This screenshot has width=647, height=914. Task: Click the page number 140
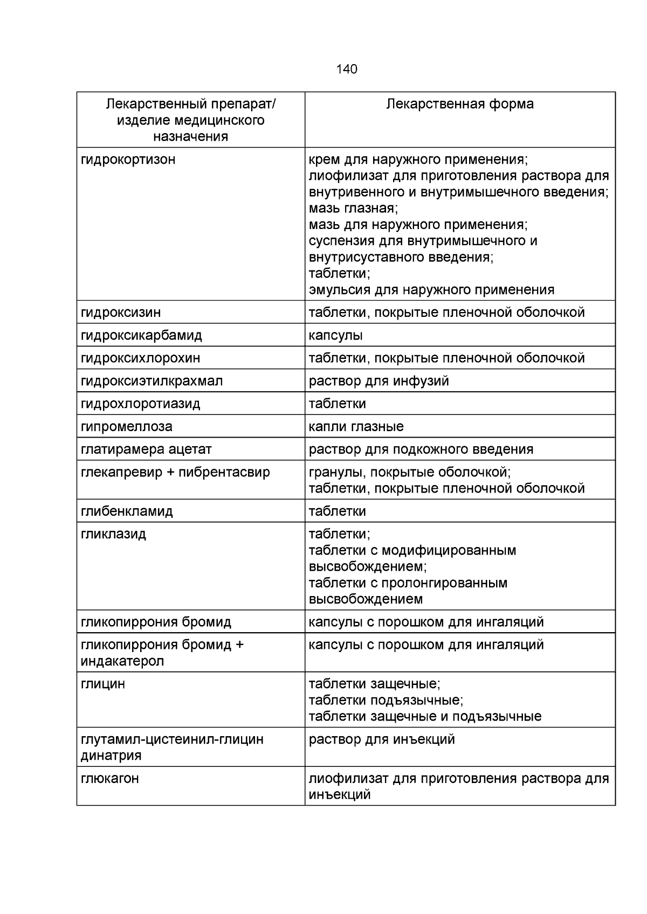[346, 69]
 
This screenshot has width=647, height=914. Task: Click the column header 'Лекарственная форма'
[459, 104]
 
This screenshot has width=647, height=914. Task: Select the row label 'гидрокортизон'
[128, 160]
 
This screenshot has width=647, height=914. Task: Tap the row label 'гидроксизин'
[121, 312]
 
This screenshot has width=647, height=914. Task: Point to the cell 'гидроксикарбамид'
[141, 335]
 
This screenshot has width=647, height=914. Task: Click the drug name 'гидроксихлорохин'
[140, 358]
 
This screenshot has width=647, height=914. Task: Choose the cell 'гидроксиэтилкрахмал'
[152, 381]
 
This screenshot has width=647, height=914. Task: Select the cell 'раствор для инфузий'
[378, 381]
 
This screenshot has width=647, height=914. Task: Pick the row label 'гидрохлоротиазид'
[140, 404]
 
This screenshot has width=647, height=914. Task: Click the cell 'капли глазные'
[356, 427]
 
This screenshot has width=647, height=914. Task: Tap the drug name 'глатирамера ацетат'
[146, 449]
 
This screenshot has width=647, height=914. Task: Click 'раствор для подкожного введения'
[421, 449]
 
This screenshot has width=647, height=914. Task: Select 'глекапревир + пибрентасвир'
[175, 473]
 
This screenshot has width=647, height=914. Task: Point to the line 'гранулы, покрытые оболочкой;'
[409, 473]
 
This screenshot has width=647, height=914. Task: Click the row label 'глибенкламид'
[127, 511]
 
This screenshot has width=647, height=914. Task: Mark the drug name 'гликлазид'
[113, 534]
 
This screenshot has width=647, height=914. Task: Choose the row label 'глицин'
[102, 684]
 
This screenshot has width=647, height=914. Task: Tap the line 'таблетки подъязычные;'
[386, 700]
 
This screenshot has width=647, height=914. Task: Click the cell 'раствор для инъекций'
[381, 739]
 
